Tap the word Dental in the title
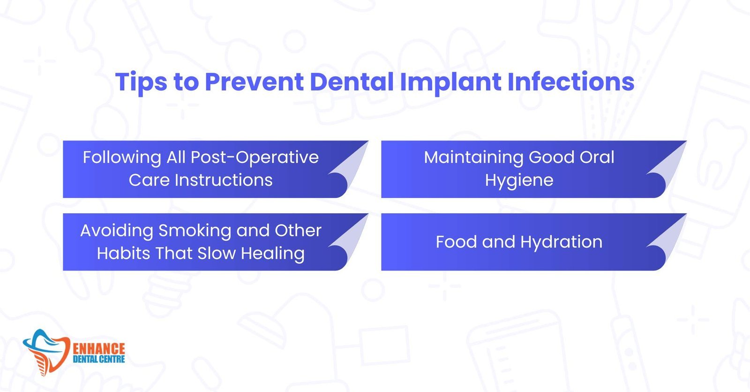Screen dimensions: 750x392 pyautogui.click(x=352, y=82)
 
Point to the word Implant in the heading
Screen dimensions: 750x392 pyautogui.click(x=450, y=83)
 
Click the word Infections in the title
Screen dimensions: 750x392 pyautogui.click(x=571, y=82)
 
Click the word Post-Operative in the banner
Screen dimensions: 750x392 pyautogui.click(x=255, y=158)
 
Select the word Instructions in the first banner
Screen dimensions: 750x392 pyautogui.click(x=224, y=180)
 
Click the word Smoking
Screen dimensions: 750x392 pyautogui.click(x=195, y=231)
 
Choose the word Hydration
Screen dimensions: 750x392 pyautogui.click(x=561, y=242)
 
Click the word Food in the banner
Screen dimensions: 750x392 pyautogui.click(x=457, y=242)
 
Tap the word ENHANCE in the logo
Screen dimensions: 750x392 pyautogui.click(x=99, y=349)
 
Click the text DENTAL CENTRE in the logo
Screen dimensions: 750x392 pyautogui.click(x=99, y=359)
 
